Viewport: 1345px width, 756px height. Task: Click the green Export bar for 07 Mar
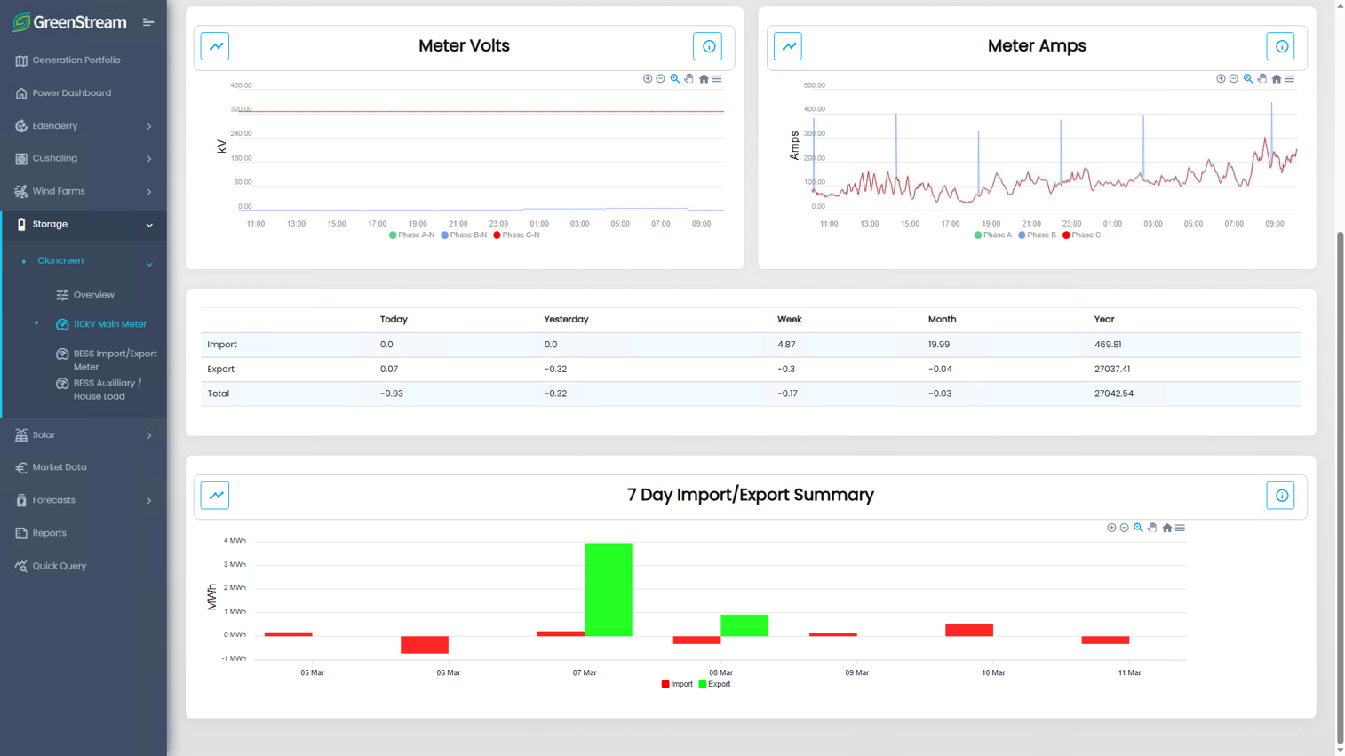(608, 589)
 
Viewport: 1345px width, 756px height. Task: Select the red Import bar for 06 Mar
(425, 644)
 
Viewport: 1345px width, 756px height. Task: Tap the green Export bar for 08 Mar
(744, 625)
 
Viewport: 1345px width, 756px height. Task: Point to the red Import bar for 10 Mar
(969, 629)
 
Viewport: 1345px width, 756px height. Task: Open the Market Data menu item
(60, 467)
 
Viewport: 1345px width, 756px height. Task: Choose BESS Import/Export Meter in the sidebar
(115, 360)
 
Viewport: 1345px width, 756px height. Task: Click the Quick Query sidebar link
(59, 566)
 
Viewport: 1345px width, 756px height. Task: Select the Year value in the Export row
(1112, 369)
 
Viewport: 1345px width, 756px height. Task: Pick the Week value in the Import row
(786, 344)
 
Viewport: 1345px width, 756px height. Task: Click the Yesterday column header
(566, 319)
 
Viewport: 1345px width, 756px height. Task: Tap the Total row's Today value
(392, 394)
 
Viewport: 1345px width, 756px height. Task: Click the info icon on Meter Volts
(708, 46)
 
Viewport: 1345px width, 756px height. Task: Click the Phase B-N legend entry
(464, 235)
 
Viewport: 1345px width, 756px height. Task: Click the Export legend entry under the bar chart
(714, 684)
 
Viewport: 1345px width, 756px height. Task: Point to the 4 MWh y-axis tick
(235, 540)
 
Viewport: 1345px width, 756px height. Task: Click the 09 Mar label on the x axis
(856, 672)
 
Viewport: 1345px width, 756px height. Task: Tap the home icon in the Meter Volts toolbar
(704, 79)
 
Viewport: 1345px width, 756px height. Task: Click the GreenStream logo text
(80, 22)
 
